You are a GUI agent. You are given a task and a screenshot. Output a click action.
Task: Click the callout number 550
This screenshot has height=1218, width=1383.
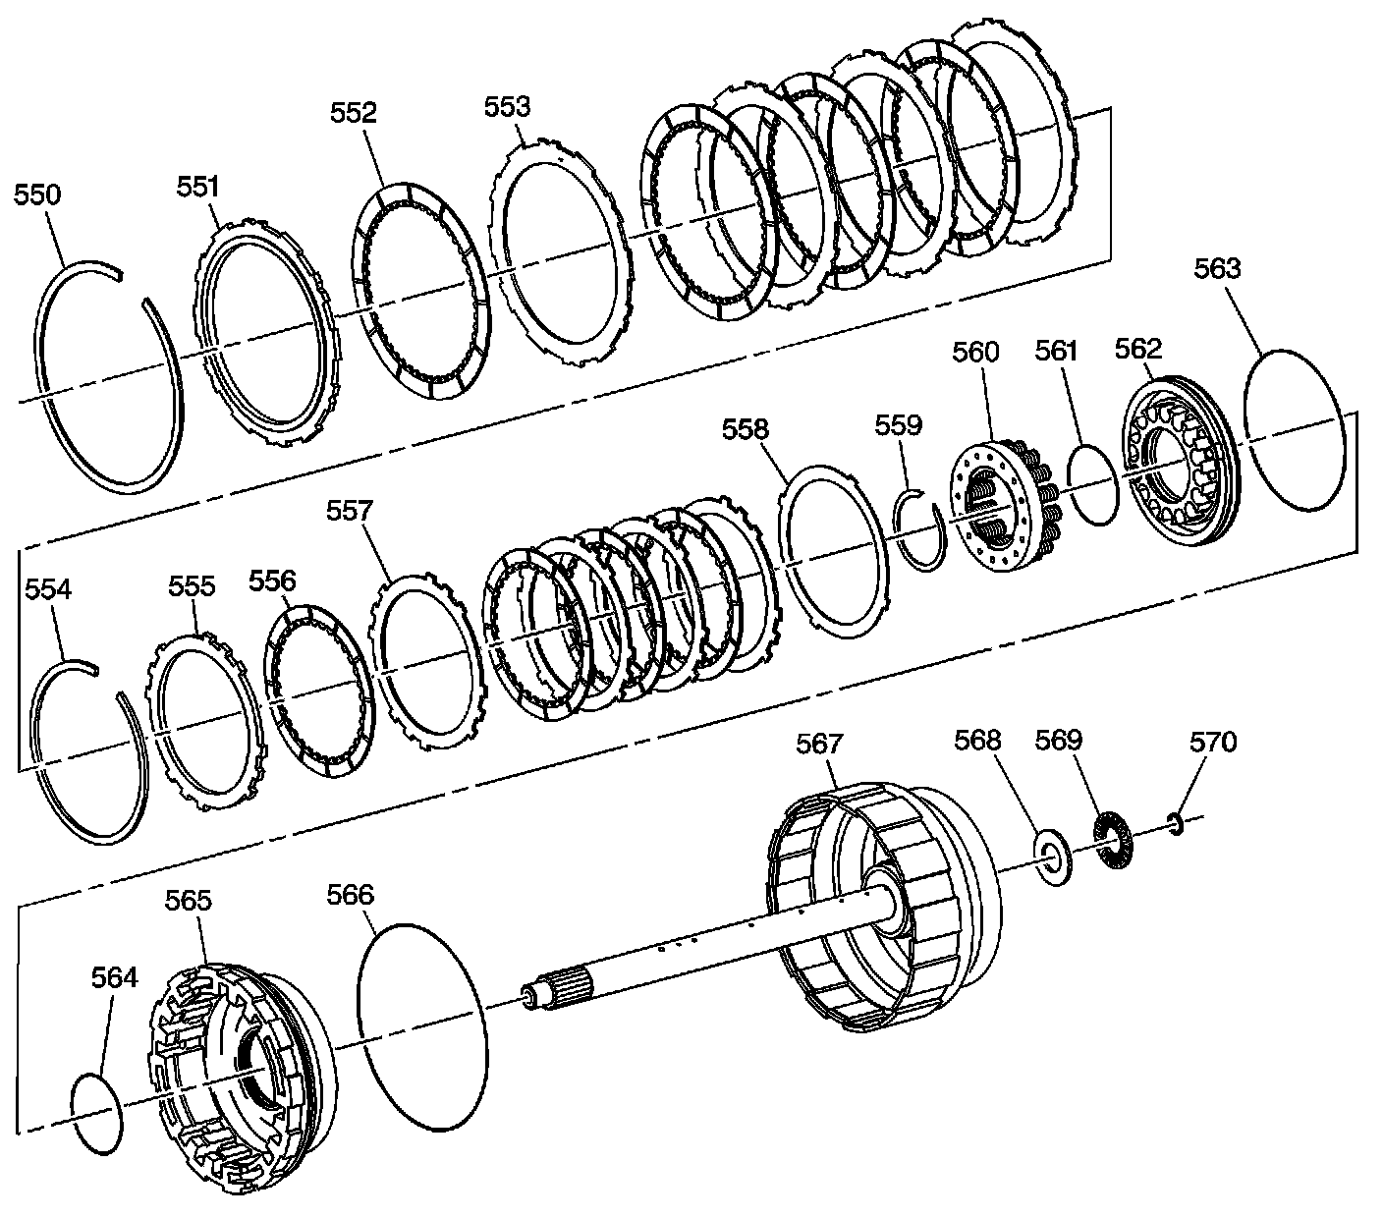click(37, 194)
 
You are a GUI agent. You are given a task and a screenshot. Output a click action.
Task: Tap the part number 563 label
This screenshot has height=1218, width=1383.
click(1218, 268)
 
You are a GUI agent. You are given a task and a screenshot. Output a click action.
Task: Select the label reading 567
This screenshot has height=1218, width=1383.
click(819, 744)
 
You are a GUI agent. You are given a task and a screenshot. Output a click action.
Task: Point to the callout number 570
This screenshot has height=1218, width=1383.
click(1213, 742)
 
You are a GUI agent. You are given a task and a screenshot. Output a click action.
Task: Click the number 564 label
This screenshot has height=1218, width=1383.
click(115, 977)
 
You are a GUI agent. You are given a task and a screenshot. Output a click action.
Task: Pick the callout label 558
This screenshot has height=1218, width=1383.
click(747, 429)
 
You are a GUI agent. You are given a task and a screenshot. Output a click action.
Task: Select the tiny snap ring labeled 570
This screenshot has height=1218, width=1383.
click(1175, 820)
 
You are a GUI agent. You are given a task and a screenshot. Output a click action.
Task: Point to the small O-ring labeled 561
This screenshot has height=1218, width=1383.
click(1091, 484)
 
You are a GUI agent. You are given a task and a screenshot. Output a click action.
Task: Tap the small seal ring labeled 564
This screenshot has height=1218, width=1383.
click(98, 1111)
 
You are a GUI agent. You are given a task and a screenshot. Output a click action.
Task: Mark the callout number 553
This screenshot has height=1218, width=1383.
click(508, 107)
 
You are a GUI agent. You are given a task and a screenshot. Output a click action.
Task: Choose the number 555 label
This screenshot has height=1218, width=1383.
click(192, 586)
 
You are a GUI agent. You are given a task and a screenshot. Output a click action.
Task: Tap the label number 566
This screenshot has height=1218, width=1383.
click(352, 894)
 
